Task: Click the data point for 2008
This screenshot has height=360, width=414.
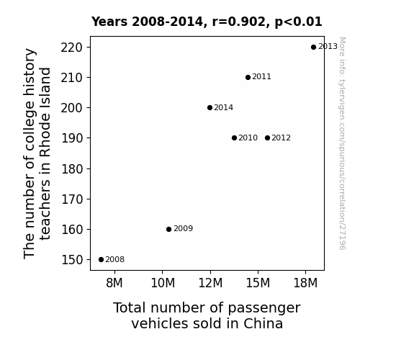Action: point(101,260)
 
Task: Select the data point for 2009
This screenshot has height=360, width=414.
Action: point(169,229)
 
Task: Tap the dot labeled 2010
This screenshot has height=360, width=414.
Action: point(234,138)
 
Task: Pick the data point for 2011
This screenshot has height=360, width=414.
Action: point(248,77)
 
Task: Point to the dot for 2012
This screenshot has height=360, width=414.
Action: point(267,138)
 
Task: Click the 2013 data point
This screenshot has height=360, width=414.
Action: point(313,48)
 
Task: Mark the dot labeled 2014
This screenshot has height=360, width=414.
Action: point(210,107)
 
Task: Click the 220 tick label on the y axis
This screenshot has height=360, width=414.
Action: point(72,48)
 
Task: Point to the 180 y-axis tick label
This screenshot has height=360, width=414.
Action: point(72,169)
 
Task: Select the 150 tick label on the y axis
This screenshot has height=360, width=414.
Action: point(72,260)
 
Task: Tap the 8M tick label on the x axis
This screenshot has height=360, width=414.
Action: point(114,283)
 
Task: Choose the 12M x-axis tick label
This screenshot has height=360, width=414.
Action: point(210,283)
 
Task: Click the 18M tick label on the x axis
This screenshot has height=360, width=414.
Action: point(305,283)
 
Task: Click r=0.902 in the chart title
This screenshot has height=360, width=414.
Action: point(239,22)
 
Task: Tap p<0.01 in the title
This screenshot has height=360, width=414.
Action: point(299,22)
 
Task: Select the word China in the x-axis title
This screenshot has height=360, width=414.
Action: point(263,323)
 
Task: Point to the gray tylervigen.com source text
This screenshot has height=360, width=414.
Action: point(342,143)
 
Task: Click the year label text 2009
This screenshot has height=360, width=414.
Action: point(183,228)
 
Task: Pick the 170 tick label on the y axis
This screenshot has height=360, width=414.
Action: point(72,199)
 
